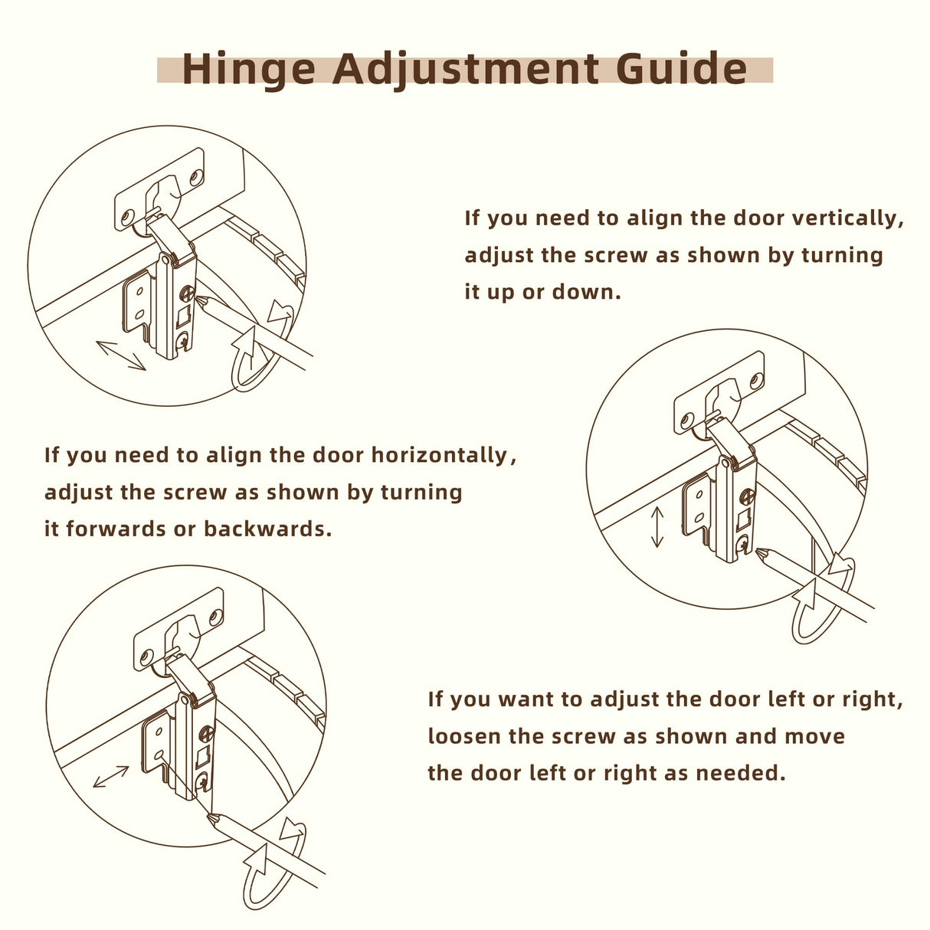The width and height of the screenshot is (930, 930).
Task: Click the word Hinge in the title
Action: (x=248, y=69)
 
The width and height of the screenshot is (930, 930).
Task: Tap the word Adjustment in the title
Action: (x=465, y=70)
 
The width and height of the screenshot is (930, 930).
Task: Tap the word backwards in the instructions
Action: (x=268, y=529)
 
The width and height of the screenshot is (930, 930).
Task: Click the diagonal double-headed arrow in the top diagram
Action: (x=120, y=355)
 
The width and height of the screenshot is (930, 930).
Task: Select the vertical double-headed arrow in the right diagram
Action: (x=657, y=526)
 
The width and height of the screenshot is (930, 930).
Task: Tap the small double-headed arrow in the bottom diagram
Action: (x=111, y=777)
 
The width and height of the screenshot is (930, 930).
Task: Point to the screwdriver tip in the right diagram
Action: (x=758, y=551)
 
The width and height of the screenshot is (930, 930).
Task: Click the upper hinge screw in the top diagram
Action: (x=188, y=293)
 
